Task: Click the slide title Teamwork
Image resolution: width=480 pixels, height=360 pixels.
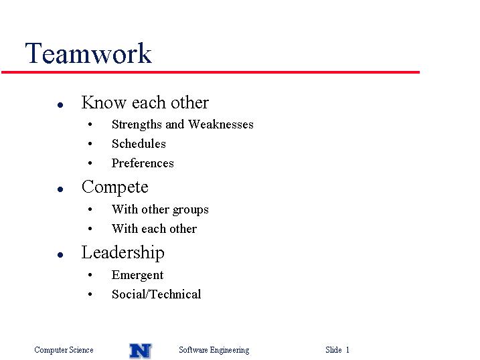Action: pyautogui.click(x=88, y=54)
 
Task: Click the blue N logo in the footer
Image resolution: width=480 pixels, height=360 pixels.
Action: pyautogui.click(x=141, y=351)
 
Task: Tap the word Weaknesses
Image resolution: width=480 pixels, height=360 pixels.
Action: pyautogui.click(x=221, y=124)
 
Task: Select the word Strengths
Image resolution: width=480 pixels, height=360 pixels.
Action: pyautogui.click(x=137, y=124)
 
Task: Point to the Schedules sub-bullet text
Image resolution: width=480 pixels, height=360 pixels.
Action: pyautogui.click(x=139, y=144)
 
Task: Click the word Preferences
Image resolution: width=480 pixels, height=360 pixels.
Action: pyautogui.click(x=143, y=163)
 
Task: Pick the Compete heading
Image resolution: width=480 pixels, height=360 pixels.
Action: pyautogui.click(x=115, y=187)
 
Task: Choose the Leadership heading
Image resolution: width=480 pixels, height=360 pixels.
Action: pyautogui.click(x=123, y=253)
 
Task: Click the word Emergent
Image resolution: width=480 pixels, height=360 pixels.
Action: pyautogui.click(x=137, y=275)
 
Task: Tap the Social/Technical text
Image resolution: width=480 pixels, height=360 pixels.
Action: pyautogui.click(x=157, y=294)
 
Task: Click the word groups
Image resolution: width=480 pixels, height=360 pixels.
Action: pyautogui.click(x=190, y=210)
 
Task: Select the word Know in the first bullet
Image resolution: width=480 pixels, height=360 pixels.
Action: pyautogui.click(x=104, y=102)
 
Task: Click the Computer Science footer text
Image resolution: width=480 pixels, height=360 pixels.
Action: pyautogui.click(x=64, y=350)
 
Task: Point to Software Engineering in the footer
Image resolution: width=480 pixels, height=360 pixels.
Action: pyautogui.click(x=214, y=350)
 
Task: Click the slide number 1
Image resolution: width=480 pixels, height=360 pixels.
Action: pyautogui.click(x=347, y=349)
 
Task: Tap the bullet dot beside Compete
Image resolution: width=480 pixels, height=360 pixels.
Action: pyautogui.click(x=60, y=189)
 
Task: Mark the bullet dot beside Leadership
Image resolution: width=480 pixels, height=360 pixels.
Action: pyautogui.click(x=60, y=255)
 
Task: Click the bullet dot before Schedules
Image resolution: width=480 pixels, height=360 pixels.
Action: pyautogui.click(x=90, y=144)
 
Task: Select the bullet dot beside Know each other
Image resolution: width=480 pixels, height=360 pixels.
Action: pyautogui.click(x=60, y=105)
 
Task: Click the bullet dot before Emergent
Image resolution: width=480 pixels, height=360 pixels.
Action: pyautogui.click(x=90, y=275)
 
